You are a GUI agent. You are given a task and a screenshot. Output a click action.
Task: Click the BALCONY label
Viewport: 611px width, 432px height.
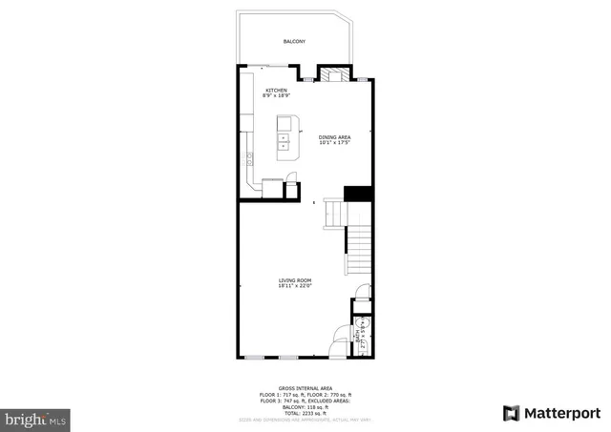[x=294, y=41]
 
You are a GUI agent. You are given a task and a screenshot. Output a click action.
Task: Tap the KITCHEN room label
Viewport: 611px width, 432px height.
[x=276, y=91]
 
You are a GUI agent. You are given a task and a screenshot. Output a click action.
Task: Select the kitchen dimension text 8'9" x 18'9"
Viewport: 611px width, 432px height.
[x=276, y=96]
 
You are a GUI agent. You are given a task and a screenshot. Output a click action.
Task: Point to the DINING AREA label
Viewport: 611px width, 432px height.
[x=334, y=136]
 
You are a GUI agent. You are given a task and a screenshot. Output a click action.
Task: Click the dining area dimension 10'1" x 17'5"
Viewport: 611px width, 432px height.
[x=334, y=143]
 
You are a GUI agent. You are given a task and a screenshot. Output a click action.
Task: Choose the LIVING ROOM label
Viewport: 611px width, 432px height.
[x=295, y=279]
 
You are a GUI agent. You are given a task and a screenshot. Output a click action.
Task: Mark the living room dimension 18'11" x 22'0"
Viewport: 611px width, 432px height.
[x=295, y=285]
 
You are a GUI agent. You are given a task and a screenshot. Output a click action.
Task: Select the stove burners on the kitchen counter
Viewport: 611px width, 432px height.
[x=247, y=159]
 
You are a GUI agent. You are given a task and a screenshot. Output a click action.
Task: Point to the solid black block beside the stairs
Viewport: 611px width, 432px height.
[x=357, y=193]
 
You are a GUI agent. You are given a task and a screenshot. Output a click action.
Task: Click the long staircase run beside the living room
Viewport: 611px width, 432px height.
[x=357, y=249]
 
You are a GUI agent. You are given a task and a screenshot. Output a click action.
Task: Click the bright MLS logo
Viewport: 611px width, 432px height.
[x=35, y=418]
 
